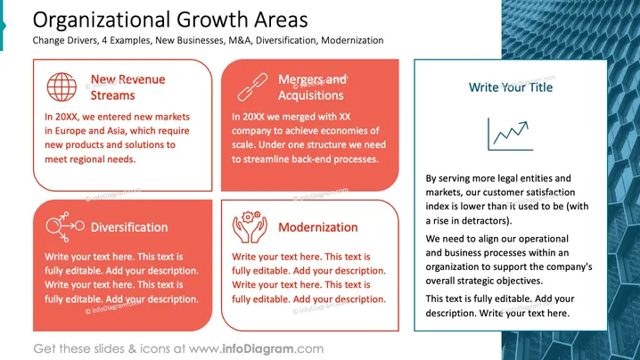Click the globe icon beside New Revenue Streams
tap(62, 87)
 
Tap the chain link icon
tap(252, 87)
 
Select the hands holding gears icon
tap(250, 227)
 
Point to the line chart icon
tap(511, 135)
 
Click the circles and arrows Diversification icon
tap(65, 226)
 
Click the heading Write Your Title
tap(511, 87)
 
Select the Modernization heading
tap(318, 227)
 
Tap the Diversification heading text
tap(129, 227)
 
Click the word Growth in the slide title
tap(212, 20)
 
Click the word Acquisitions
tap(311, 95)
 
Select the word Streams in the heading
tap(112, 95)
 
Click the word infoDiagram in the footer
tap(258, 349)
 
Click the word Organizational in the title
tap(102, 20)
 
